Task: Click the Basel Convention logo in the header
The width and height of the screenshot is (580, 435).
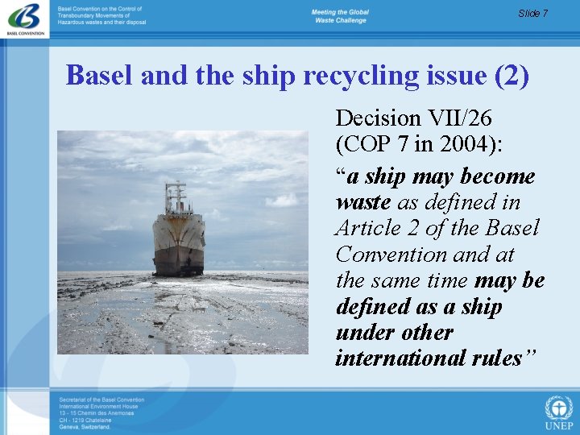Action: (24, 19)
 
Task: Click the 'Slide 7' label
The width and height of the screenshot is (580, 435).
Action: (532, 13)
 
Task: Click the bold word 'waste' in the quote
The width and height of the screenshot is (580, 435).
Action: (363, 201)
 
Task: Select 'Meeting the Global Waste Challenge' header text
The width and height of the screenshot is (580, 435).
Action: (339, 16)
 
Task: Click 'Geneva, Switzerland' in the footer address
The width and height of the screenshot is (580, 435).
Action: (84, 427)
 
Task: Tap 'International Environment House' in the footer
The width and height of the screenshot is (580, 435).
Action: (97, 407)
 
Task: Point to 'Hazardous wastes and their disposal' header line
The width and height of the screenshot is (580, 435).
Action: (101, 23)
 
